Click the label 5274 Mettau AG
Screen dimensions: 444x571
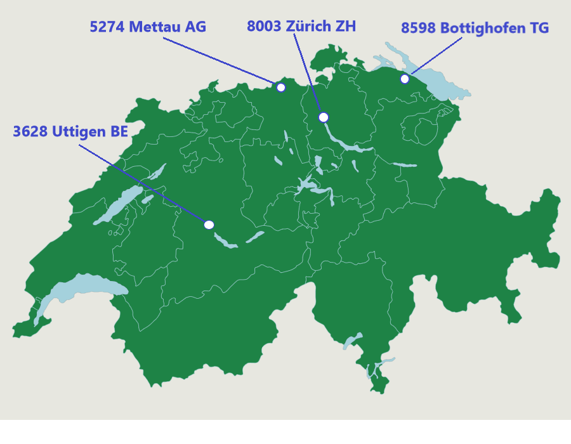click(x=147, y=27)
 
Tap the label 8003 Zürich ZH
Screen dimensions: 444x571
click(x=301, y=27)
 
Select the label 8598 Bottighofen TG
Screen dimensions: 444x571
click(x=475, y=29)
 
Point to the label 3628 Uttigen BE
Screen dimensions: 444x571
click(x=70, y=132)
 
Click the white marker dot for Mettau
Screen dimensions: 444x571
click(x=281, y=88)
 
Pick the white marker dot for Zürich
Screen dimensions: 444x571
click(x=324, y=117)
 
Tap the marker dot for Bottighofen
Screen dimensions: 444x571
click(x=405, y=79)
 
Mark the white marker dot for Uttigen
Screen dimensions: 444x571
click(x=209, y=225)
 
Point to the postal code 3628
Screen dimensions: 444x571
click(x=30, y=132)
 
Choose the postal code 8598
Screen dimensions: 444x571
click(x=418, y=29)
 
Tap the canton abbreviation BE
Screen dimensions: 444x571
click(x=119, y=132)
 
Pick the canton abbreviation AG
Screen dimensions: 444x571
click(x=195, y=27)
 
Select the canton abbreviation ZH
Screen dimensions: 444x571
click(x=346, y=27)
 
